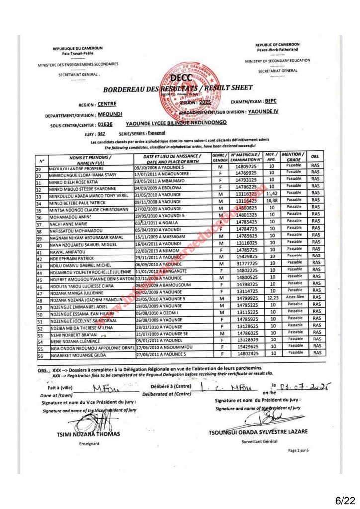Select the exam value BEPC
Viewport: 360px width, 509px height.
(271, 101)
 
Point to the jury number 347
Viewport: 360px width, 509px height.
(101, 134)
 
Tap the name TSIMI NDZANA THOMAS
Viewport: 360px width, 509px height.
(88, 434)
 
